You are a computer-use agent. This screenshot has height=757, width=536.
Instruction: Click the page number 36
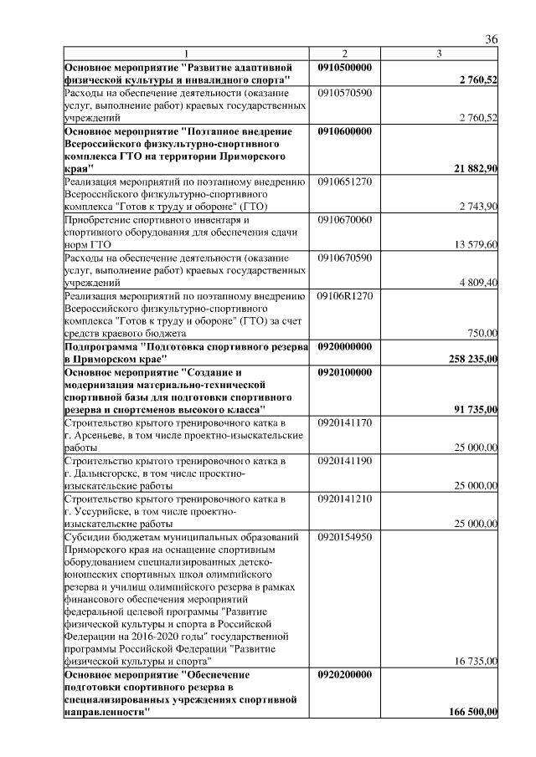click(x=492, y=40)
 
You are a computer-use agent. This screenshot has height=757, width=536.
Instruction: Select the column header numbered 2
click(x=344, y=54)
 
